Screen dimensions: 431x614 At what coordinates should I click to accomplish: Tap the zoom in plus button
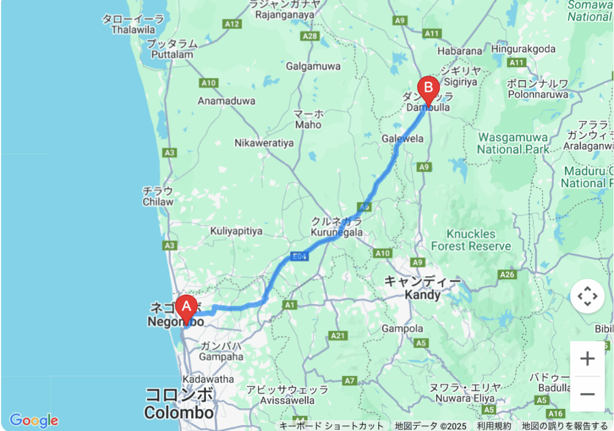pos(587,359)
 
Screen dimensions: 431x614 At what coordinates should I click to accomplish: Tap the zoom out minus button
pos(587,394)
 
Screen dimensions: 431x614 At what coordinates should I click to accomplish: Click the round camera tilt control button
pos(587,296)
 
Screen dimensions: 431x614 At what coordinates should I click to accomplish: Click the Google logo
pos(34,420)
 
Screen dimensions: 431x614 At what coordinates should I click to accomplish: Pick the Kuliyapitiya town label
pos(236,231)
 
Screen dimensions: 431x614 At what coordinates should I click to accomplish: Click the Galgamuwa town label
pos(313,67)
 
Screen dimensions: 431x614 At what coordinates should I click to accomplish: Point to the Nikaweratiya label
pos(264,143)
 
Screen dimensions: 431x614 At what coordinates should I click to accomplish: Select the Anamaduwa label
pos(227,101)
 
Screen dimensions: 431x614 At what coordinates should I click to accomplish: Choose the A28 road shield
pos(310,36)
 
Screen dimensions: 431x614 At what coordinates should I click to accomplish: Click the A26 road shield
pos(507,274)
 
